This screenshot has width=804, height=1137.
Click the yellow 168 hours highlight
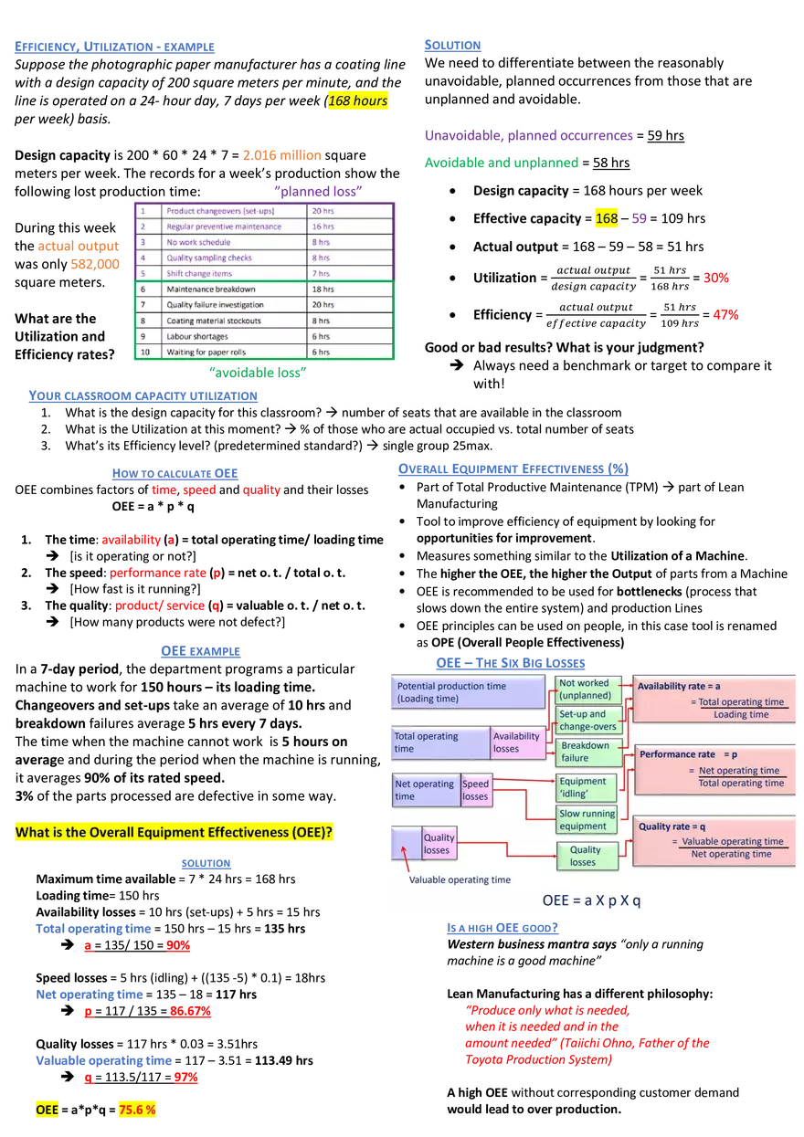(358, 101)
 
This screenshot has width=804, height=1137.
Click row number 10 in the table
(144, 352)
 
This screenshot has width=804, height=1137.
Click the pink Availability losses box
(518, 742)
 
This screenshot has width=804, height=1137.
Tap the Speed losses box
(476, 790)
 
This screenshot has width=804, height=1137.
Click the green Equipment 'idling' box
(586, 787)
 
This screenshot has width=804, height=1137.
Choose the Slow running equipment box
(586, 819)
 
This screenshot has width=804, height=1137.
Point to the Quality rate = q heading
(672, 826)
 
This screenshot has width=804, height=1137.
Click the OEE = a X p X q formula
(591, 900)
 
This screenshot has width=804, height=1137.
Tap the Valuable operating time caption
(460, 879)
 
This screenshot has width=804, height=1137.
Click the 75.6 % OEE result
(137, 1110)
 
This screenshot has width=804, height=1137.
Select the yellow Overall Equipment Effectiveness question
(174, 833)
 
